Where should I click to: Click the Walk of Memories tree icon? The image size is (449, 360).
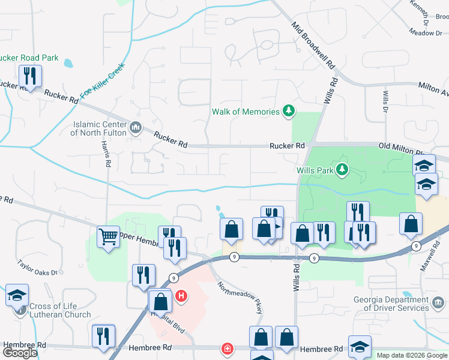[x=289, y=111]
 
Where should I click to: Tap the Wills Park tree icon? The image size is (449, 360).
[x=342, y=170]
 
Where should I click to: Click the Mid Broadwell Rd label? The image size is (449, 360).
[x=313, y=45]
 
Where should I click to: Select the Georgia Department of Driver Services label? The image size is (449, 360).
[x=400, y=303]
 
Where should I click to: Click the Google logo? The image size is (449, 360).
[x=19, y=353]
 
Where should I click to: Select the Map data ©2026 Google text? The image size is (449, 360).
[x=412, y=355]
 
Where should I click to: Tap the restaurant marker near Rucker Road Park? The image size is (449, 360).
[x=29, y=76]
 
